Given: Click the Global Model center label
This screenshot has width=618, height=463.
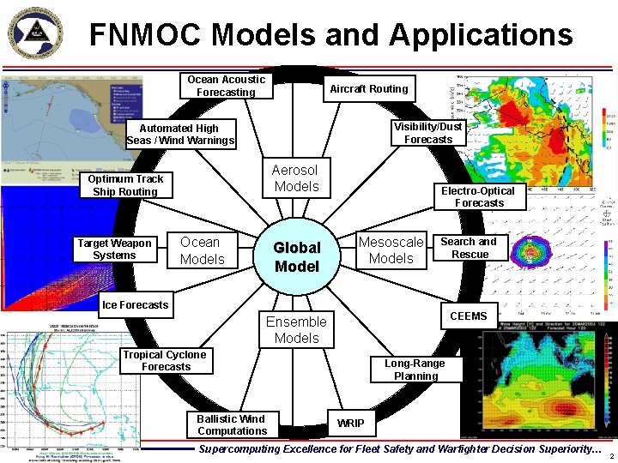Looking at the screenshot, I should point(296,256).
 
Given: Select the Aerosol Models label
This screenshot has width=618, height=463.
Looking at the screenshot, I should point(296,177).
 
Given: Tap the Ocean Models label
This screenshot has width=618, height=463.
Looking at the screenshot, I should point(203,250).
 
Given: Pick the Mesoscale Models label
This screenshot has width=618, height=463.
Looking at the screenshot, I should point(391,250).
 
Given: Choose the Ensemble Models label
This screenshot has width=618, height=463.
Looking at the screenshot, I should point(296,329).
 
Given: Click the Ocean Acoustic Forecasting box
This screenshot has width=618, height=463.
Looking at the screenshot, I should point(227,86).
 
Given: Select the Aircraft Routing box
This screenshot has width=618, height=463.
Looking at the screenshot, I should point(370,88).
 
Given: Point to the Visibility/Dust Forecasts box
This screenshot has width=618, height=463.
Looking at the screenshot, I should point(427,133).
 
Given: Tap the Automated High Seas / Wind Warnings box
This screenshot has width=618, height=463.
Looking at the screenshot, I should point(179,135).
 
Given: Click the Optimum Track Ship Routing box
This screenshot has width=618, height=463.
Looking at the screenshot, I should point(125,185).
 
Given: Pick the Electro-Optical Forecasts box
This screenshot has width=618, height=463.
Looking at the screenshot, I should point(479,197).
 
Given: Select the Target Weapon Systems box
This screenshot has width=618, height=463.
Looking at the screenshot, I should point(114,250).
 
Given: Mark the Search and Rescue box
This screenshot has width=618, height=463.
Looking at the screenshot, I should point(469,248).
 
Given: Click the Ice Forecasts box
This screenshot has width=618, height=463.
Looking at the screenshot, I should point(136,304).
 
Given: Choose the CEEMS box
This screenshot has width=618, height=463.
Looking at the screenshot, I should point(468,316).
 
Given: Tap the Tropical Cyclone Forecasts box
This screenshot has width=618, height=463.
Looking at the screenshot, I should point(165,361).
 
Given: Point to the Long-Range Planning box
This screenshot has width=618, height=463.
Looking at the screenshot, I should point(415,370).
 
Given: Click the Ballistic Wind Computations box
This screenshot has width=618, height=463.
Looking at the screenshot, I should point(232,425).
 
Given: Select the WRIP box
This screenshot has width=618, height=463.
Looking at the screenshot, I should point(350,423).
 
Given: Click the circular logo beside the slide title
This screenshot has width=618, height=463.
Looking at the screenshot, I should point(36,33).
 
